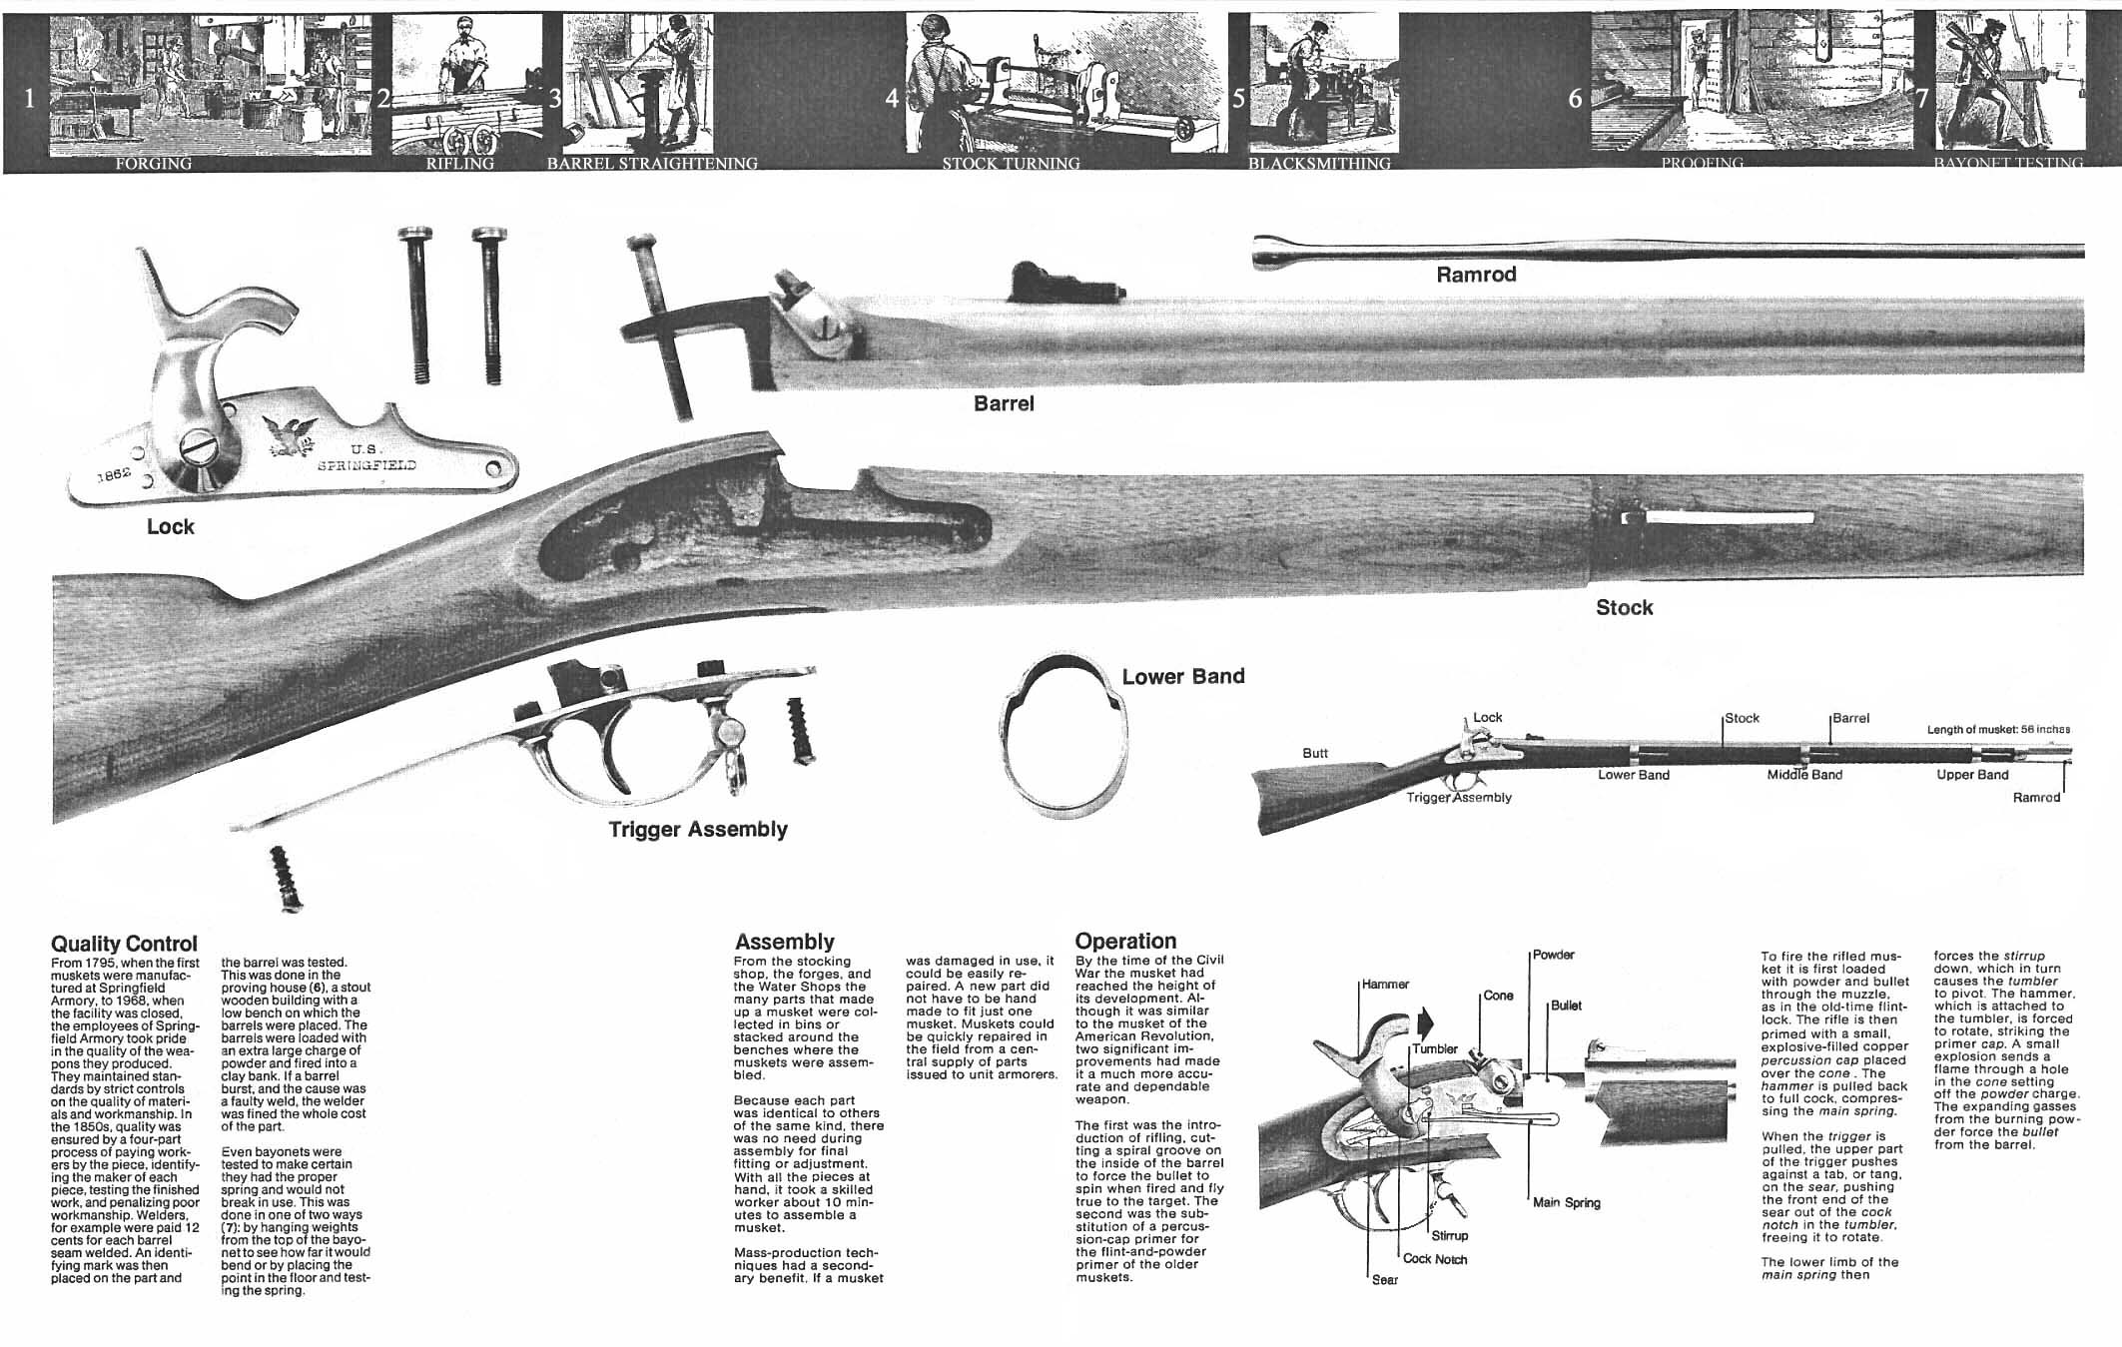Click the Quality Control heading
124,944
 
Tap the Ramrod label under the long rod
1475,275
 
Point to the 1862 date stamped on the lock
115,474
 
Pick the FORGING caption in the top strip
154,164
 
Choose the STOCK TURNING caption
1011,164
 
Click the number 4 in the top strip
892,99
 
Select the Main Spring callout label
1566,1202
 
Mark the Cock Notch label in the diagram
1435,1259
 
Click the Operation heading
1125,941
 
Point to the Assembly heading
784,942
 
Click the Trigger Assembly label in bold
698,830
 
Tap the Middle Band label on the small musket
1804,775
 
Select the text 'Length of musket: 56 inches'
1998,730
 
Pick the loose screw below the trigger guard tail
286,878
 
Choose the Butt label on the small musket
1315,753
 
